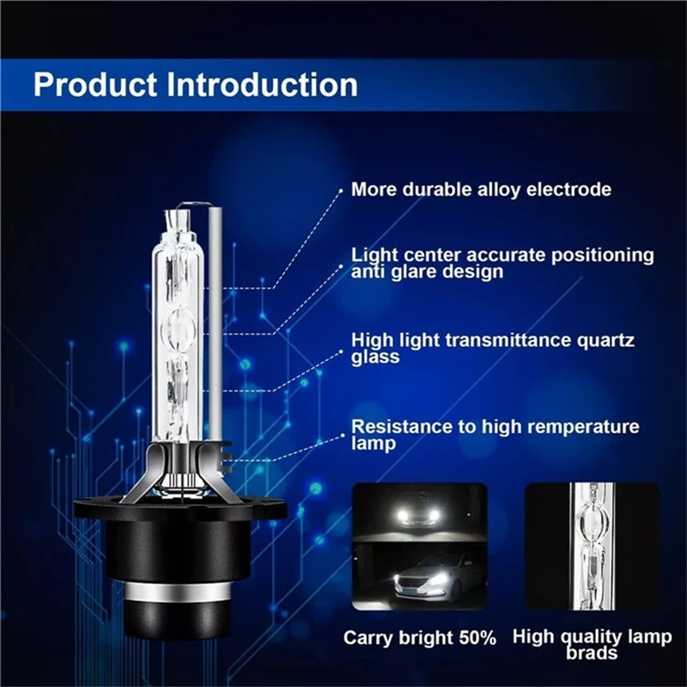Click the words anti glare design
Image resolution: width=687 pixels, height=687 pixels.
point(428,271)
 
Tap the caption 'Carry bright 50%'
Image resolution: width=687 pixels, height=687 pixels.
point(420,638)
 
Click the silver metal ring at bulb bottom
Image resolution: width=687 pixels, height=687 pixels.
point(179,593)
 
